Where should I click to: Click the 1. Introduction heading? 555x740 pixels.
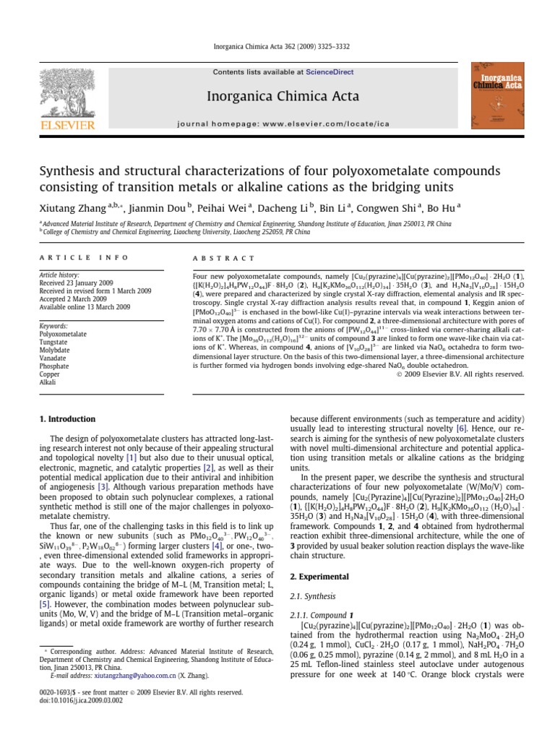click(67, 419)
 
